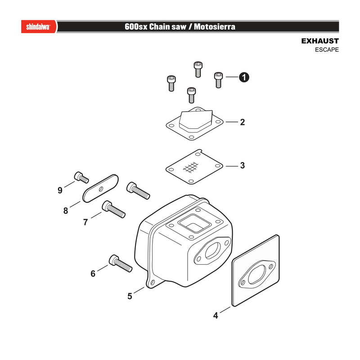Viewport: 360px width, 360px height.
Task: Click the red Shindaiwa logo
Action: [x=39, y=27]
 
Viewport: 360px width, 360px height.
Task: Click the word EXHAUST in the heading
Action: [x=320, y=41]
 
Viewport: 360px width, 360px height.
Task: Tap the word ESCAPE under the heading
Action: [x=327, y=49]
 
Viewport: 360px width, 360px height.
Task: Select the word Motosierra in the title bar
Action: [x=215, y=27]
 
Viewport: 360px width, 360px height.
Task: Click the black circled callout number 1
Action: [x=244, y=77]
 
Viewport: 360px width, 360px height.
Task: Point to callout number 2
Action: [x=243, y=122]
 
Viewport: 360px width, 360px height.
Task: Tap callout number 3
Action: [x=243, y=165]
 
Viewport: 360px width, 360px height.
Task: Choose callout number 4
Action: [x=216, y=315]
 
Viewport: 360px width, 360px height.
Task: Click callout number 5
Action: [x=130, y=296]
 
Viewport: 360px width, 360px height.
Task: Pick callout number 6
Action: [x=93, y=274]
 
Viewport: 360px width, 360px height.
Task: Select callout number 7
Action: [x=85, y=222]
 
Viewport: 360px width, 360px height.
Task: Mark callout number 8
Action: [x=66, y=211]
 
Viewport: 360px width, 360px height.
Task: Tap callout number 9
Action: [x=60, y=190]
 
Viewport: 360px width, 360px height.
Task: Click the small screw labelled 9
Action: [x=81, y=177]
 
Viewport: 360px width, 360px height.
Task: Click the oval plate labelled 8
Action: [x=100, y=189]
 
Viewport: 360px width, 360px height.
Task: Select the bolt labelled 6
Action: [x=121, y=263]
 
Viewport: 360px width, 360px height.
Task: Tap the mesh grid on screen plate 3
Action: [x=190, y=167]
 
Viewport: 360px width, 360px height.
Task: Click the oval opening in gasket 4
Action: [x=257, y=274]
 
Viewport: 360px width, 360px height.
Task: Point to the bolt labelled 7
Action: [x=114, y=209]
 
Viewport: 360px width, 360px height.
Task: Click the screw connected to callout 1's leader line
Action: [x=218, y=80]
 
